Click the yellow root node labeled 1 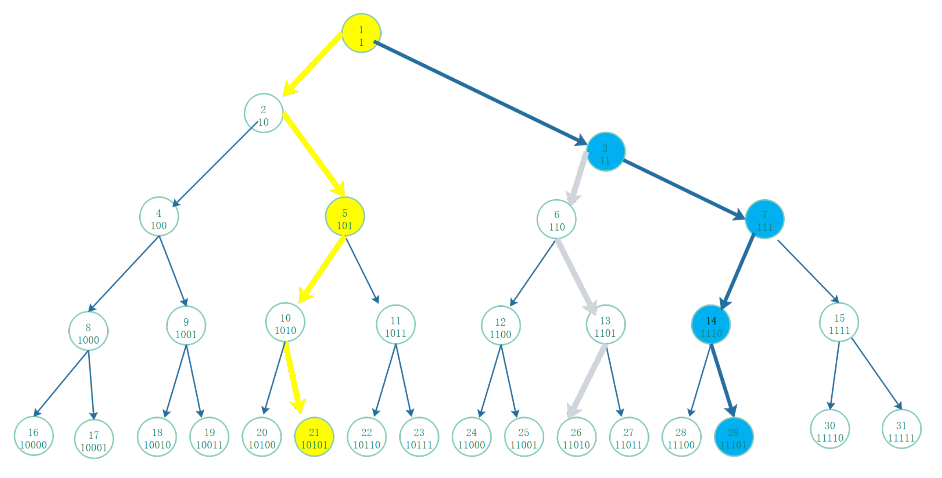[361, 33]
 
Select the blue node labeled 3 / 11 [606, 152]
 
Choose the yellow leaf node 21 [314, 436]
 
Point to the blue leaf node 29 [733, 436]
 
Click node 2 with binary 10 [263, 113]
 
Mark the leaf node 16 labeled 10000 [33, 436]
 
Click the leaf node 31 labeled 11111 [901, 430]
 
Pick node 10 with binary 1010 [285, 322]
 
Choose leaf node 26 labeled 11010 [576, 436]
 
